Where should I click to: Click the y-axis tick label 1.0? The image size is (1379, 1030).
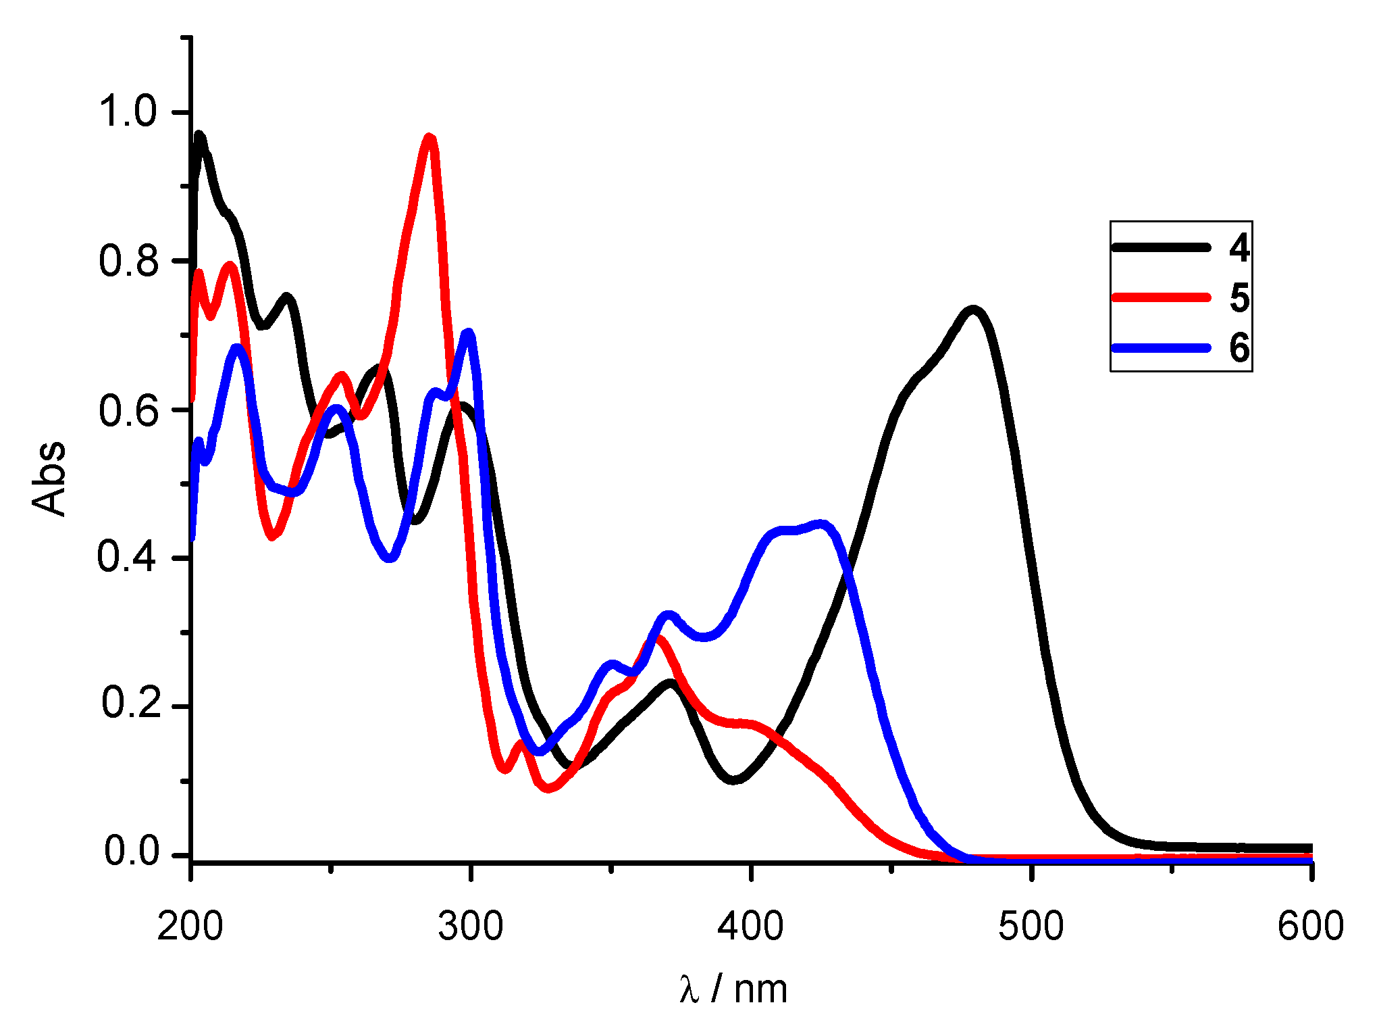(128, 112)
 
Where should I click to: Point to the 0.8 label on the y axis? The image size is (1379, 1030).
(128, 261)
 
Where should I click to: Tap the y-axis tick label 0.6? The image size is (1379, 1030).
(128, 410)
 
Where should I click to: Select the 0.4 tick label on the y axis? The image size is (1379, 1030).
(128, 558)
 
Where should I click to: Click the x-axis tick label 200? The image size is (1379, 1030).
(190, 927)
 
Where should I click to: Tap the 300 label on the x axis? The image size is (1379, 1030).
(470, 927)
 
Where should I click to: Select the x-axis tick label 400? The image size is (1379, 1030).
(750, 927)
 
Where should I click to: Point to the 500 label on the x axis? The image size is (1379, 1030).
(1031, 927)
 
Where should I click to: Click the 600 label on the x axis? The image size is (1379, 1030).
(1310, 927)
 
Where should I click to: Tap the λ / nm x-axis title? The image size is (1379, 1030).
(734, 989)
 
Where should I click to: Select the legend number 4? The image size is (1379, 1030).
(1239, 247)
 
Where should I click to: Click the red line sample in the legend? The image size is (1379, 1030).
(1161, 297)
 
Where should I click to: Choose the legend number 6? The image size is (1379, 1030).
(1239, 348)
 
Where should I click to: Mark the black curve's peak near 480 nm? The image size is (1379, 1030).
(973, 310)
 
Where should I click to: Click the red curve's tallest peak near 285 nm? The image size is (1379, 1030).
(430, 138)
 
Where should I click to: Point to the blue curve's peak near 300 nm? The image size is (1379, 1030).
(469, 333)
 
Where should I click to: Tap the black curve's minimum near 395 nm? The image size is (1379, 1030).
(735, 780)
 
